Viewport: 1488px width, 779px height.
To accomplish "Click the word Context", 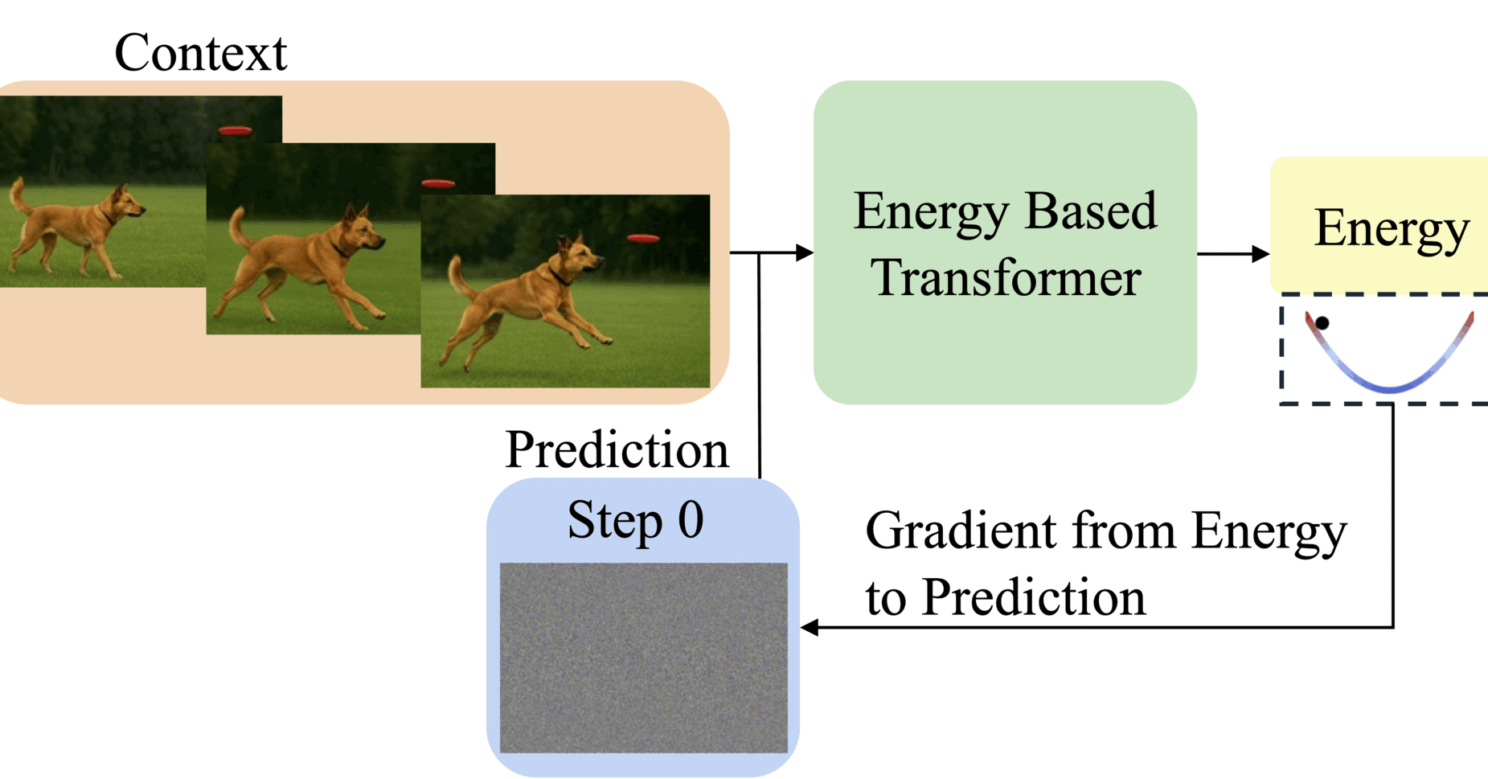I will pos(200,53).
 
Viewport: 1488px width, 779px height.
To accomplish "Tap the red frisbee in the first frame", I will pos(235,130).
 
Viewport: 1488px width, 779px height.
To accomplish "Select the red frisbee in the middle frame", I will pos(438,184).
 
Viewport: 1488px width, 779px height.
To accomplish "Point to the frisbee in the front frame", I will pos(643,239).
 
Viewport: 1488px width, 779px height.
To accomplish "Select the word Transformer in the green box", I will pos(1006,278).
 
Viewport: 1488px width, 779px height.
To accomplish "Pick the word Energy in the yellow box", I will pos(1391,228).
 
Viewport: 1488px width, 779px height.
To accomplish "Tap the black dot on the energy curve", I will pos(1322,323).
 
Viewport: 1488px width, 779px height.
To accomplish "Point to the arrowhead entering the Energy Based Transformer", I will pos(804,253).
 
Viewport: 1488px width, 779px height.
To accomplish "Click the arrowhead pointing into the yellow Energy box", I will pos(1260,254).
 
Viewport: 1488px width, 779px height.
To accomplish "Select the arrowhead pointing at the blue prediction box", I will pos(810,627).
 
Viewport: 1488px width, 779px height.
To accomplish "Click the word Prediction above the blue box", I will pos(617,449).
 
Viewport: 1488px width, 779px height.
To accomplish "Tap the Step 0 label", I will pos(635,520).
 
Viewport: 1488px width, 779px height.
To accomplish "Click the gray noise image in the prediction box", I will pos(643,658).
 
